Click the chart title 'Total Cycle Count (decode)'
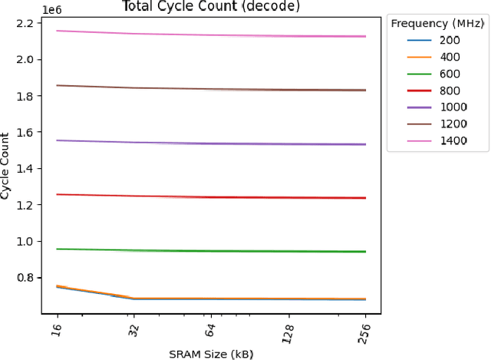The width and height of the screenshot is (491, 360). (x=211, y=7)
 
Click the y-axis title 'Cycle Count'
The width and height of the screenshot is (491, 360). (x=6, y=163)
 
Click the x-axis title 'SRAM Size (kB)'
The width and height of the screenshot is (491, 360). (x=211, y=353)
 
